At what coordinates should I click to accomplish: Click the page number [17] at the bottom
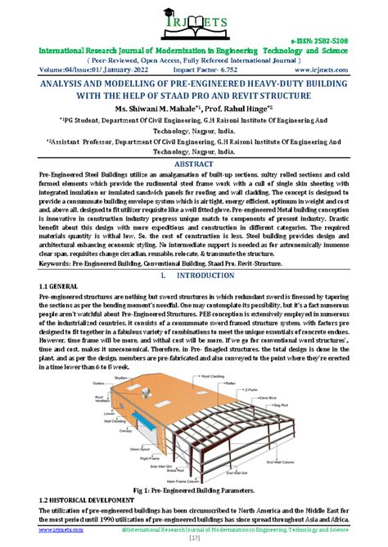(x=194, y=538)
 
